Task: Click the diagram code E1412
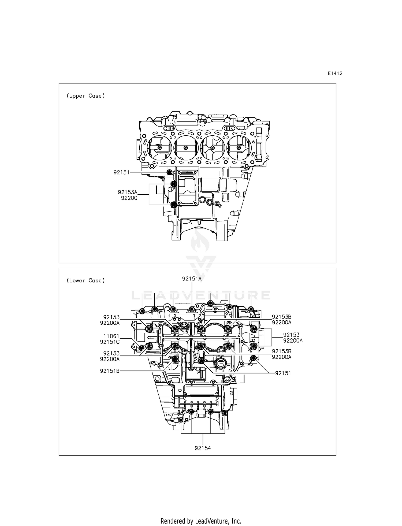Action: (335, 73)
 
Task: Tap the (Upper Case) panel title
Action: (85, 96)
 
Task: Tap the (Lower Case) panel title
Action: (85, 280)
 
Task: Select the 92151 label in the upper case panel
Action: (121, 172)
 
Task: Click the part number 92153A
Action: (128, 192)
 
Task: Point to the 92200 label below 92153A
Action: (129, 198)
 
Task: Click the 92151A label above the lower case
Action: (192, 279)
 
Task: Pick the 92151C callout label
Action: (110, 342)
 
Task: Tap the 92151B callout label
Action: (110, 371)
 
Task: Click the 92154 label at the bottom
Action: (203, 448)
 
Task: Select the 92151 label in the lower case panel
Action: (283, 373)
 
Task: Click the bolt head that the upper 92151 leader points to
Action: (170, 172)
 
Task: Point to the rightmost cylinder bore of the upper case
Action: (239, 148)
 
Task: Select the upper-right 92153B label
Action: (281, 317)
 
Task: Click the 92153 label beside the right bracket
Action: (291, 335)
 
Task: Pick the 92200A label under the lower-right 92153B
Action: (281, 357)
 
